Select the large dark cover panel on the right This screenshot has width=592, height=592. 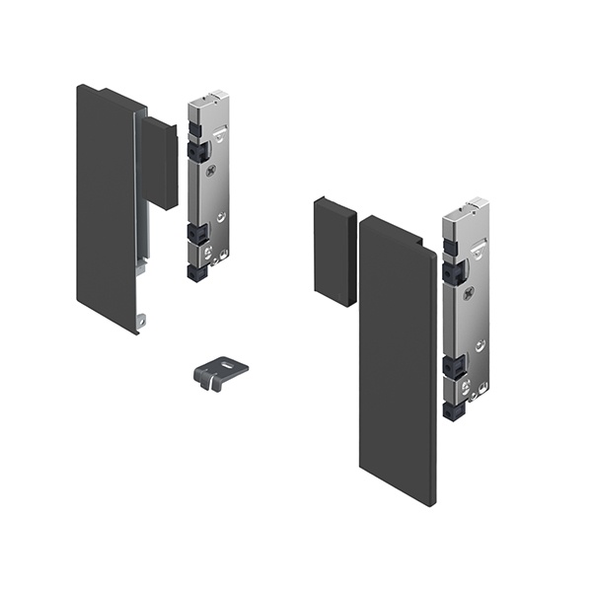(x=395, y=365)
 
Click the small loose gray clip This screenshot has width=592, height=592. (x=215, y=372)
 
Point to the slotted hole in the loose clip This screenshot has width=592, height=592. (x=226, y=364)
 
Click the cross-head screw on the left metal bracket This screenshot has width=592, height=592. (x=211, y=170)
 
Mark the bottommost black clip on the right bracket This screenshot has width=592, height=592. (x=454, y=407)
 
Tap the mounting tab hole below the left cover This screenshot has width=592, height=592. (x=142, y=320)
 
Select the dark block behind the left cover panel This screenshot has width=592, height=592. (x=161, y=163)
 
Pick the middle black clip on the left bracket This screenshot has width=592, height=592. (x=197, y=234)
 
